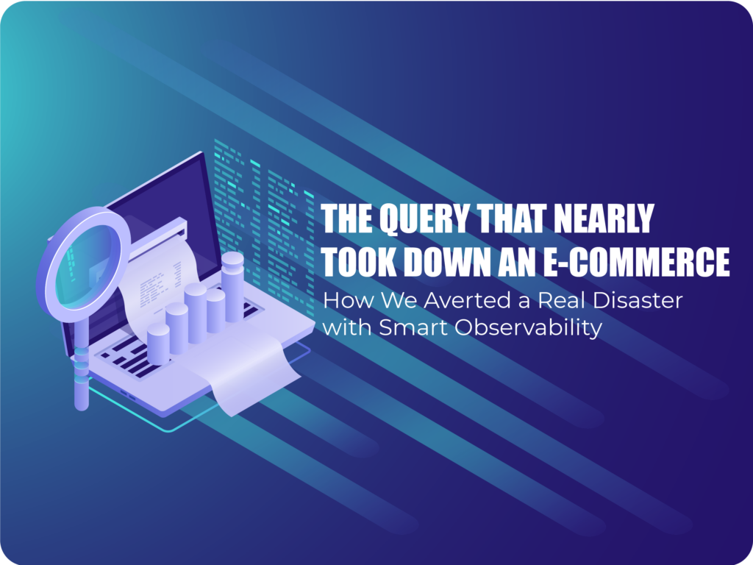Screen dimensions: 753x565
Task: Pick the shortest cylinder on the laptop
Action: click(x=158, y=344)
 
